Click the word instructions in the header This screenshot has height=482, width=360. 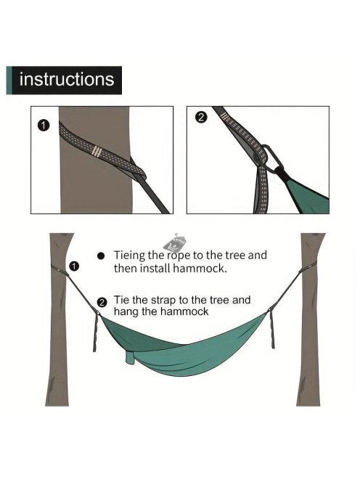coord(67,79)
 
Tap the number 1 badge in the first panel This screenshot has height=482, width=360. coord(44,126)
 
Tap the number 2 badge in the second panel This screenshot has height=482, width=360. coord(201,118)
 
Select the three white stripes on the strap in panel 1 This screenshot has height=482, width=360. coord(97,151)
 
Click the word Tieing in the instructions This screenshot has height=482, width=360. coord(129,256)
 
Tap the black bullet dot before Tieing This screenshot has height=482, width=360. coord(101,256)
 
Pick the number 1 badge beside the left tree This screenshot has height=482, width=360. coord(74,266)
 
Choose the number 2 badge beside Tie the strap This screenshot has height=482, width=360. coord(102,303)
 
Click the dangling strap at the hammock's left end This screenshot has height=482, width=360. coord(96,332)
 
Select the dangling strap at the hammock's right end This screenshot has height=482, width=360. coord(271,328)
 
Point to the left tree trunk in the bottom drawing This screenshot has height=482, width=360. coord(59,319)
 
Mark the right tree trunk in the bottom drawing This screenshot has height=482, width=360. coord(310,319)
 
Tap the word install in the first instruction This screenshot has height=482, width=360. coord(155,269)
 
